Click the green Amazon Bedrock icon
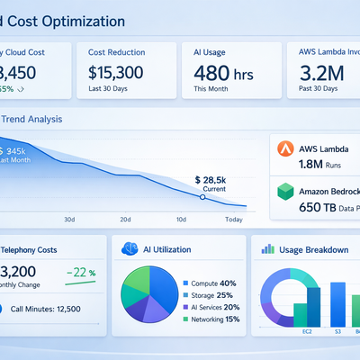pos(285,191)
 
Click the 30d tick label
pos(70,220)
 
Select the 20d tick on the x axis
pos(125,220)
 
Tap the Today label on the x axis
pos(234,220)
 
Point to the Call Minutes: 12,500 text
pos(54,309)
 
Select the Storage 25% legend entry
pos(212,294)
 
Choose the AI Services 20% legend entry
pos(216,307)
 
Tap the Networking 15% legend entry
pos(216,319)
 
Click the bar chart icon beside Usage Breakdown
pos(267,248)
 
